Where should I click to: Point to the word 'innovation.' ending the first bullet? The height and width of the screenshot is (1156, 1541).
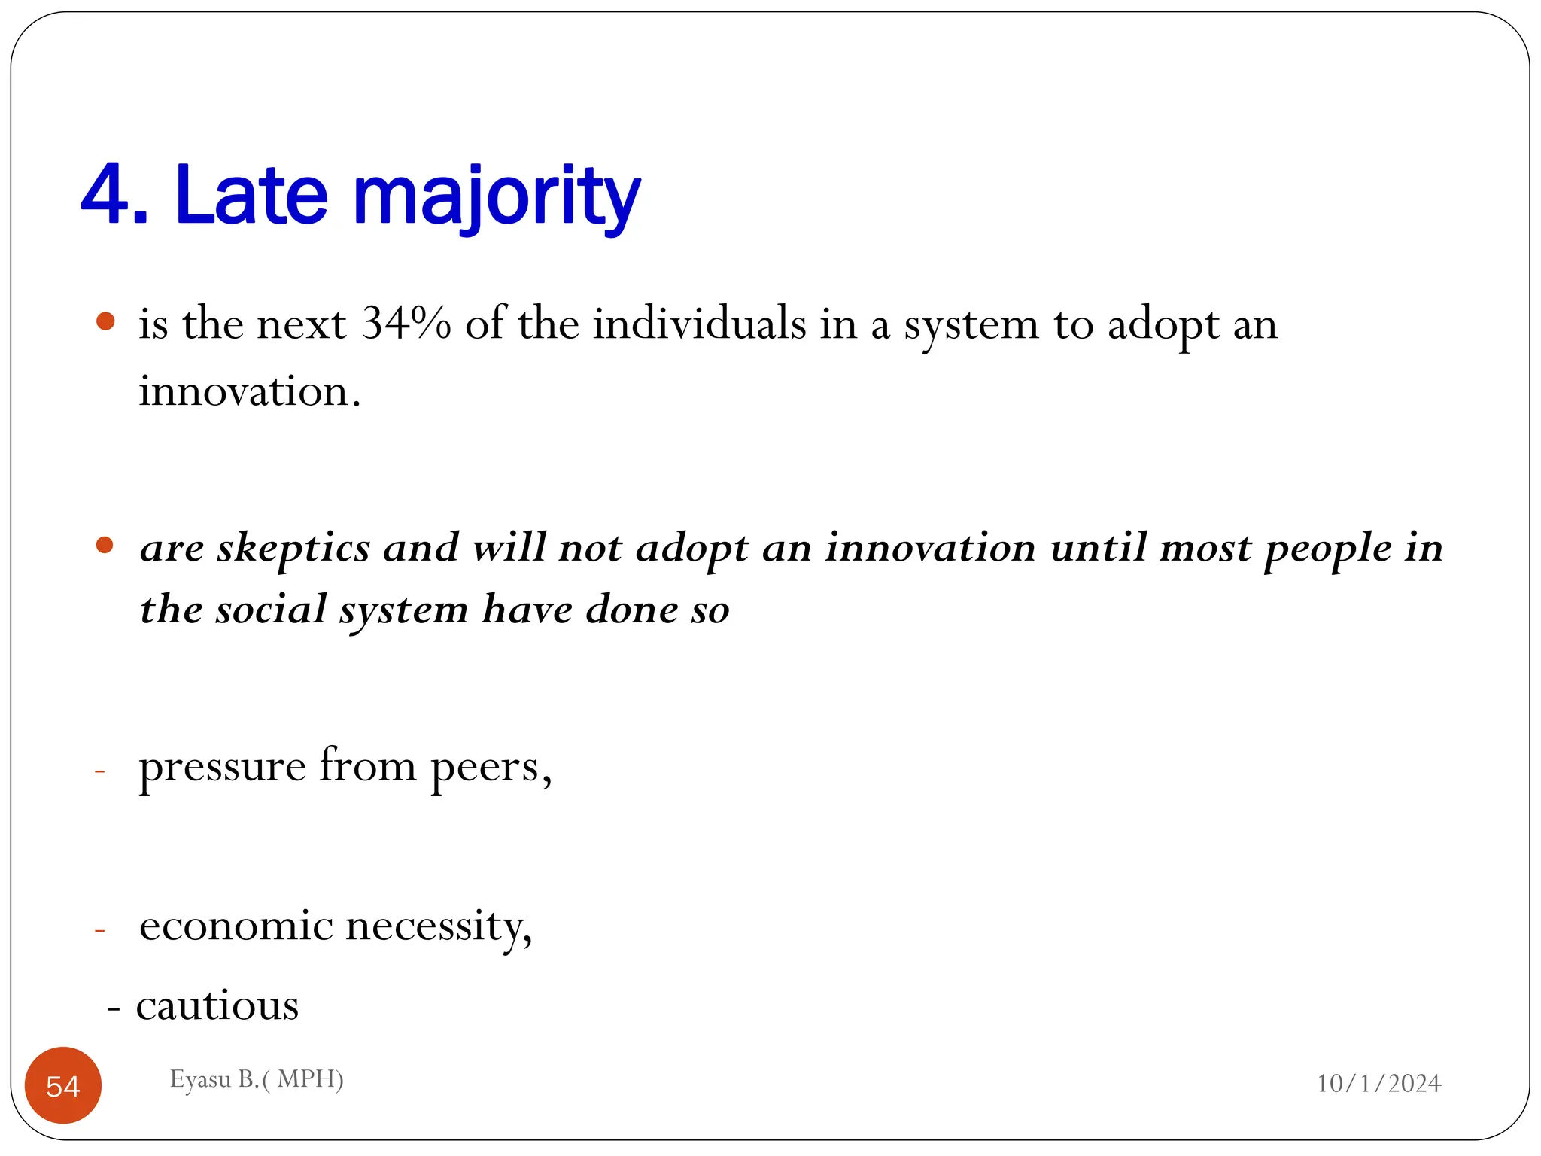[x=249, y=391]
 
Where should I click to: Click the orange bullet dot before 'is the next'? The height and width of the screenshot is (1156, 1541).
[x=105, y=322]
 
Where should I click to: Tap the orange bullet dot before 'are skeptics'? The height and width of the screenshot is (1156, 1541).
[x=105, y=545]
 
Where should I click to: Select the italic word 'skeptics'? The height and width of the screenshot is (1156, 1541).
[x=293, y=548]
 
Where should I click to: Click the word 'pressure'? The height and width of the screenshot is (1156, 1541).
[x=222, y=768]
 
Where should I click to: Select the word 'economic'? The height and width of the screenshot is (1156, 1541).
[x=236, y=926]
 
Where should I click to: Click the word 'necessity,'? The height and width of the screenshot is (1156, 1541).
[x=439, y=927]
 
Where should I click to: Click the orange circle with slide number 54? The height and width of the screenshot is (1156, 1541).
[x=63, y=1085]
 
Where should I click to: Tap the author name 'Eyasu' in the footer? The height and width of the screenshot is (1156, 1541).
[x=200, y=1079]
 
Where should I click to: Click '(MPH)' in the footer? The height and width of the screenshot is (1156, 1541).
[x=309, y=1079]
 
